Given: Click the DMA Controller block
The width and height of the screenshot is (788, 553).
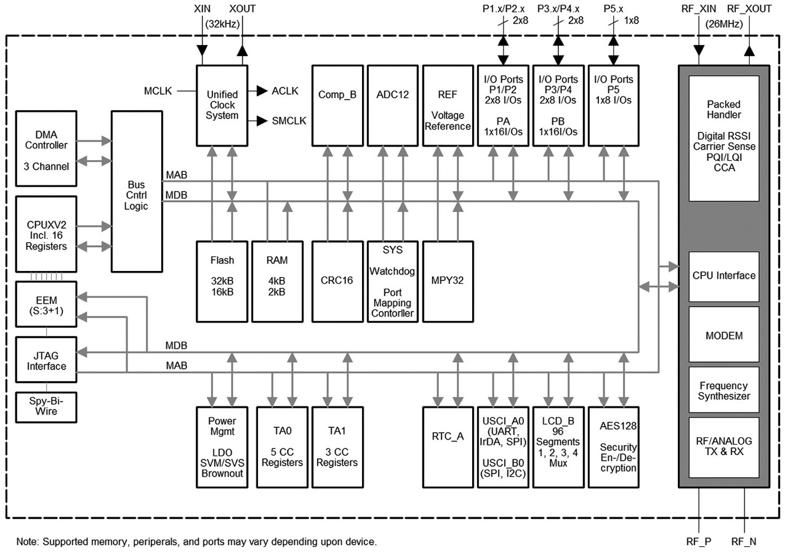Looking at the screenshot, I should tap(46, 148).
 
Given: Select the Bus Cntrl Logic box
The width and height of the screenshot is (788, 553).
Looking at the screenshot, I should tap(136, 191).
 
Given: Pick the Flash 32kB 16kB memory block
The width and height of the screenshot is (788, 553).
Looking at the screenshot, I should tap(222, 281).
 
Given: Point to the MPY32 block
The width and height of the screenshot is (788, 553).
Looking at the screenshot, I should tap(448, 281).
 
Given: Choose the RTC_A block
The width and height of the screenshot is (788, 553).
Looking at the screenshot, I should tap(448, 446).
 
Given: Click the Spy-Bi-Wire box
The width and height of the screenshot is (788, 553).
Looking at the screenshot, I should tap(46, 406).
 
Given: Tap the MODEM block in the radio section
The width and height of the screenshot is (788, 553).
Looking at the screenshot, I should tap(723, 336).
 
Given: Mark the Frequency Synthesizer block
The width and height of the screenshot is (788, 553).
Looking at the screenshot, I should tap(723, 391).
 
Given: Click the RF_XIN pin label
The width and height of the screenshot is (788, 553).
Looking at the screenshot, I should tap(699, 10).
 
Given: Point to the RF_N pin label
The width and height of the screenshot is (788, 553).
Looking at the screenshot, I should tap(745, 542).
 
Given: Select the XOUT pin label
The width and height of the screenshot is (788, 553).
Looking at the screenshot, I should tap(243, 10).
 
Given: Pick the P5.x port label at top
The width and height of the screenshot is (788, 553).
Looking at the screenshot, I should tap(613, 10).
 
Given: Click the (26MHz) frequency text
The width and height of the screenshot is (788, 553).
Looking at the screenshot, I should tap(723, 25).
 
